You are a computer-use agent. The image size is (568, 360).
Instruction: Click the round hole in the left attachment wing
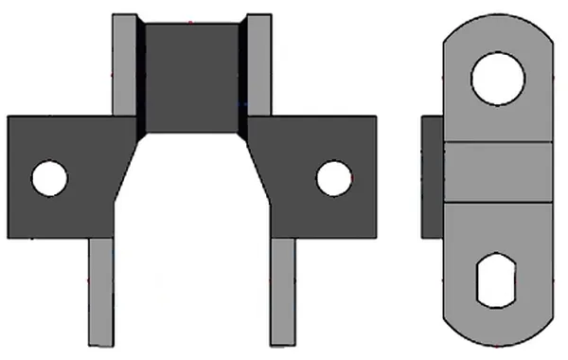click(x=49, y=178)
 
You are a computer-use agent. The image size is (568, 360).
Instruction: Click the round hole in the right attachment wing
click(x=333, y=178)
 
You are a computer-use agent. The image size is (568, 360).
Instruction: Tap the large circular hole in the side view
click(x=498, y=79)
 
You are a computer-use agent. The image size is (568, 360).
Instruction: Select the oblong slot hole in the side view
click(x=498, y=279)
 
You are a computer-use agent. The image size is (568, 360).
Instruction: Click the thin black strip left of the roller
click(x=141, y=76)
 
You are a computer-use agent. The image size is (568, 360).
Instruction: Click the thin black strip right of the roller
click(x=242, y=76)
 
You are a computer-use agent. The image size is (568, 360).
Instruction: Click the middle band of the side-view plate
click(x=498, y=172)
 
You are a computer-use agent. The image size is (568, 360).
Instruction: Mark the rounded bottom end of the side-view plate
click(x=498, y=332)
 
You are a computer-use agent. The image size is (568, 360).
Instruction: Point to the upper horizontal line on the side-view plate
click(x=498, y=143)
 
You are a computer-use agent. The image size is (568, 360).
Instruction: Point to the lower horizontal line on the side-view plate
click(x=498, y=202)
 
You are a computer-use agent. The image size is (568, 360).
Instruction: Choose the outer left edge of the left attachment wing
click(x=9, y=177)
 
